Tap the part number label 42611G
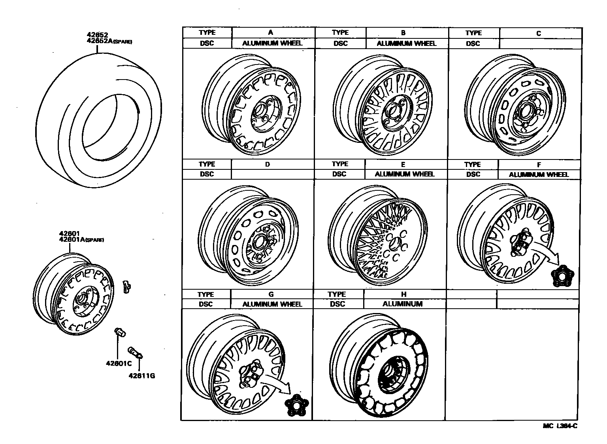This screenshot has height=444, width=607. tap(141, 376)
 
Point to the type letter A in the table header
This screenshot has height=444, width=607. tap(271, 32)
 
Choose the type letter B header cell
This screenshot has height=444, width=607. tap(403, 33)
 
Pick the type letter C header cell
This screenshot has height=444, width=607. tap(538, 33)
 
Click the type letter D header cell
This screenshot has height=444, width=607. tap(268, 164)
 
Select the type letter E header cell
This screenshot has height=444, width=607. tap(403, 164)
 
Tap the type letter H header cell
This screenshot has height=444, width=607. tap(403, 294)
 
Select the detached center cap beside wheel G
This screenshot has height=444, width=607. tap(296, 405)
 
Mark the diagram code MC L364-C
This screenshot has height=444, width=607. tap(560, 426)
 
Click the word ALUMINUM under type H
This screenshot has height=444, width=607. tap(402, 304)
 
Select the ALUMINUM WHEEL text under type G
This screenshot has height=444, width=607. tap(272, 304)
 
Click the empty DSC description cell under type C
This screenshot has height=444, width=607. tap(540, 44)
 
